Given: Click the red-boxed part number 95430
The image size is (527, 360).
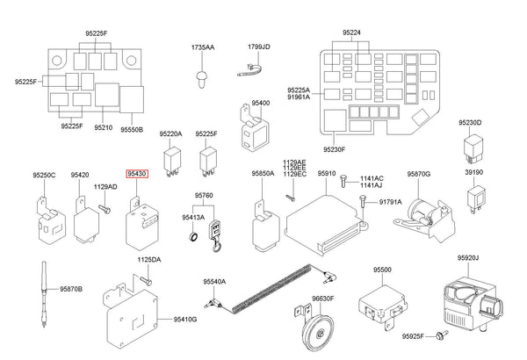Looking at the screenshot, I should tap(137, 175).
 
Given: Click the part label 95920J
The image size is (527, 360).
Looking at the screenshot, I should tap(467, 258).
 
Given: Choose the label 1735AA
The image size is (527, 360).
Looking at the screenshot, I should tap(203, 46).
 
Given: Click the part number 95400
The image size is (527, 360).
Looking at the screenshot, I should tap(261, 103).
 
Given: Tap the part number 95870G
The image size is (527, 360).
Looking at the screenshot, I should tap(418, 175).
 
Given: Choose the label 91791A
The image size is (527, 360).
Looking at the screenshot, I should tap(390, 203).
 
